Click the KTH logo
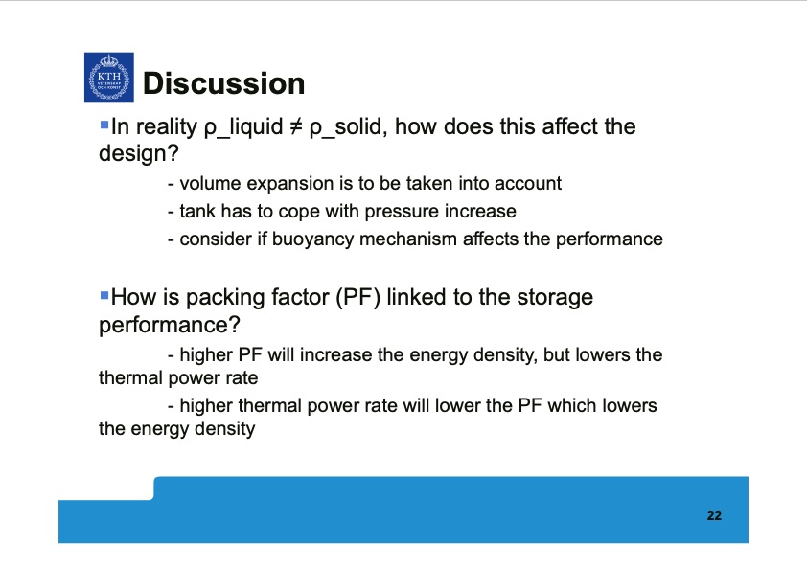click(x=107, y=78)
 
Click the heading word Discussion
click(x=222, y=84)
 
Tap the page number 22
click(x=713, y=516)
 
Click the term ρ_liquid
click(x=242, y=127)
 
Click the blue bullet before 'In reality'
click(x=104, y=125)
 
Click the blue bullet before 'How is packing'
click(x=104, y=295)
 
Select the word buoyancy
click(x=324, y=239)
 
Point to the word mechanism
click(x=411, y=239)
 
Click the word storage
click(x=555, y=297)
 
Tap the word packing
click(x=216, y=297)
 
